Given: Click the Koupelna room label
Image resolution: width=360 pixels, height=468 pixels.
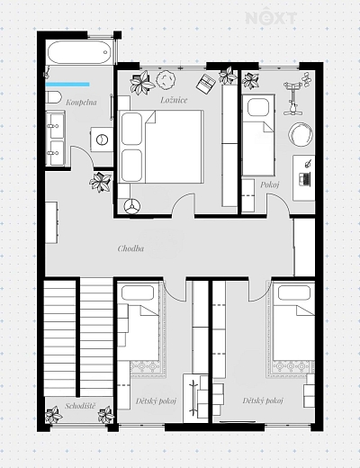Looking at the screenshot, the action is pyautogui.click(x=81, y=103).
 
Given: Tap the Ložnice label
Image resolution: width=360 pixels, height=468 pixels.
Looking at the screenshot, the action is pyautogui.click(x=174, y=100).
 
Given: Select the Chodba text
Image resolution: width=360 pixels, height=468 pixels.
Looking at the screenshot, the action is pyautogui.click(x=130, y=248).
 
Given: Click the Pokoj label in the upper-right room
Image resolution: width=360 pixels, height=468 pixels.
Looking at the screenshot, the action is pyautogui.click(x=270, y=184).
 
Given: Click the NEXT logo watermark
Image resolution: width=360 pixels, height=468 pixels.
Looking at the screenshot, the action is pyautogui.click(x=271, y=18).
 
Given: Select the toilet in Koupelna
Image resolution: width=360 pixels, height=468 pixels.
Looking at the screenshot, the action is pyautogui.click(x=53, y=98).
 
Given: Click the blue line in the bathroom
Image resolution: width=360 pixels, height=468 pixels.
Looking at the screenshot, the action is pyautogui.click(x=67, y=85).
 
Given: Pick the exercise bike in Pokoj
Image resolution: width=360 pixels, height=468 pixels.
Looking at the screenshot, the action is pyautogui.click(x=292, y=97).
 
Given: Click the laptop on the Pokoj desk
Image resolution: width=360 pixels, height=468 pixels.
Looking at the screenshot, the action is pyautogui.click(x=304, y=179).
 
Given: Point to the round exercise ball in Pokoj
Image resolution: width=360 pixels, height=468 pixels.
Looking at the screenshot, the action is pyautogui.click(x=301, y=135).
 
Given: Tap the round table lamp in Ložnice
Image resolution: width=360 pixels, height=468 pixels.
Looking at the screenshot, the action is pyautogui.click(x=166, y=79).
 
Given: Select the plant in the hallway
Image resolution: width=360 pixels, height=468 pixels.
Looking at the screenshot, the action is pyautogui.click(x=100, y=182).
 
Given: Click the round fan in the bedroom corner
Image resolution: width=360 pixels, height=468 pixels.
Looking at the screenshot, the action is pyautogui.click(x=132, y=206).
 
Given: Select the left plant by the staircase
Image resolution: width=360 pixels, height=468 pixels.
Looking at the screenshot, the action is pyautogui.click(x=54, y=415).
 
